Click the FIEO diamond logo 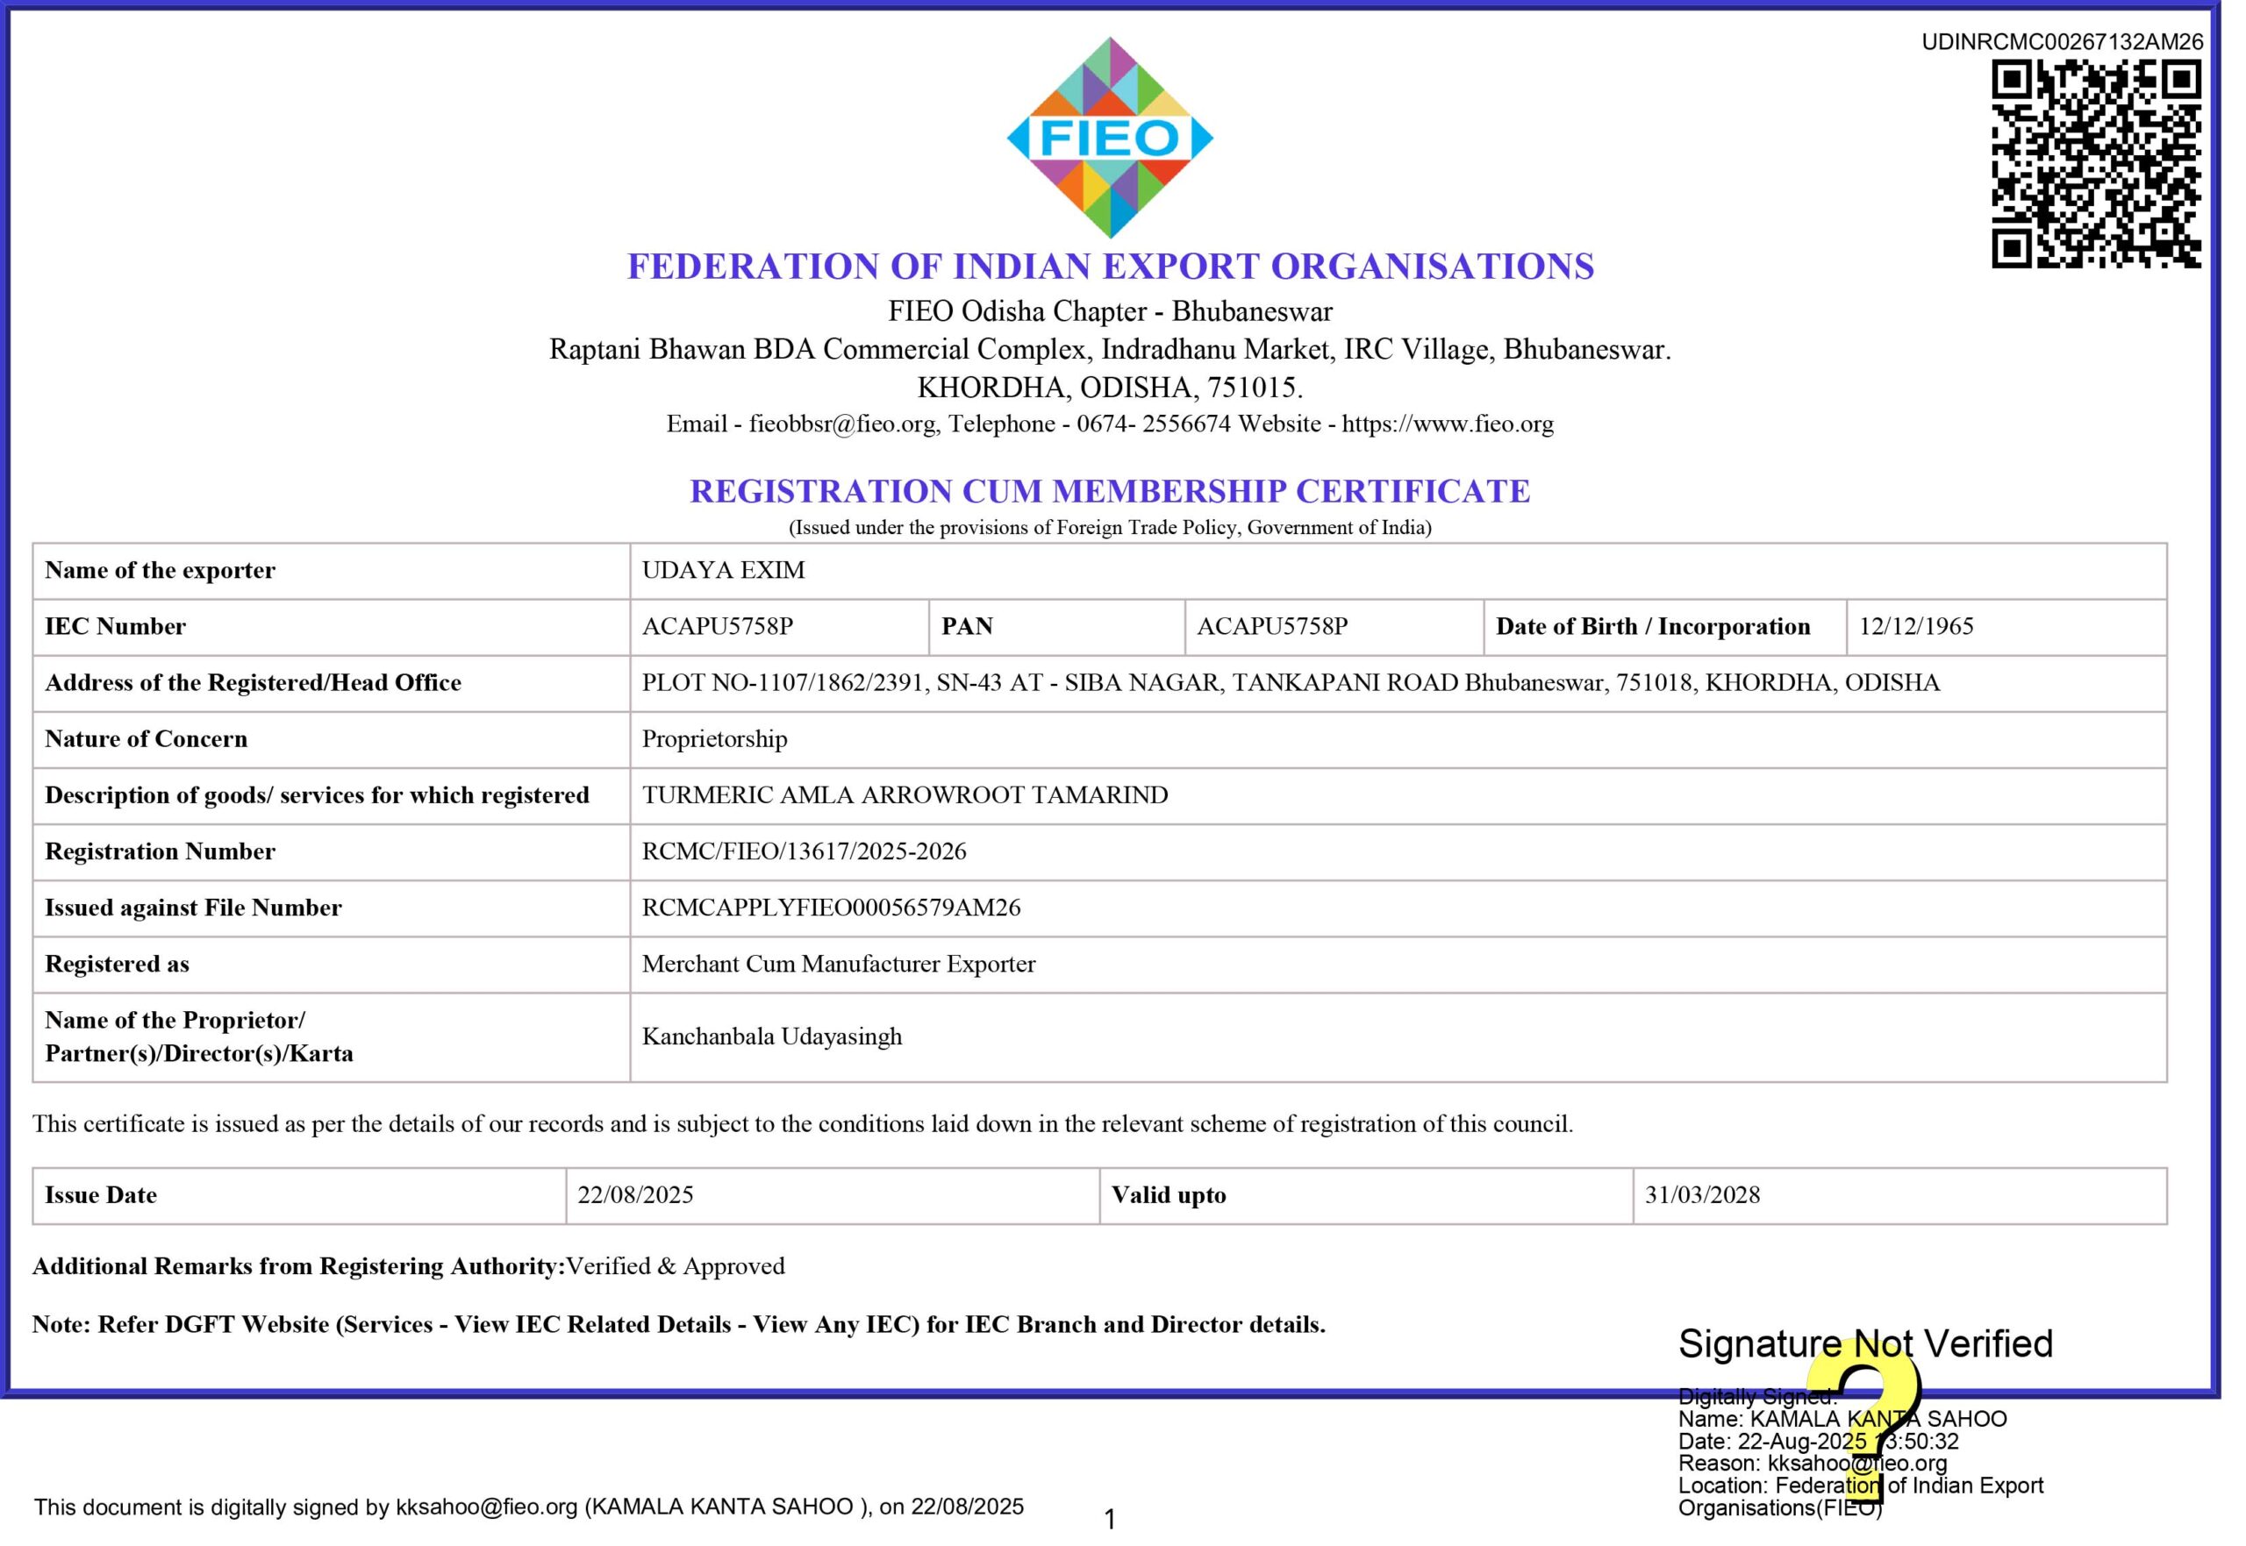pyautogui.click(x=1110, y=138)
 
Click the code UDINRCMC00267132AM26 pyautogui.click(x=2062, y=41)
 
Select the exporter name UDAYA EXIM pyautogui.click(x=723, y=570)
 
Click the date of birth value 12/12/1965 pyautogui.click(x=1915, y=626)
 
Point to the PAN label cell pyautogui.click(x=967, y=626)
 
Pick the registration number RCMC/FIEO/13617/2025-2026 pyautogui.click(x=805, y=851)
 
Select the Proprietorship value pyautogui.click(x=714, y=738)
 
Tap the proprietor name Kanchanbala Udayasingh pyautogui.click(x=771, y=1036)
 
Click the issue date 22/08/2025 pyautogui.click(x=635, y=1194)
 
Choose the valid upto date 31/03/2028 pyautogui.click(x=1702, y=1194)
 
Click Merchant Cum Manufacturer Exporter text pyautogui.click(x=838, y=963)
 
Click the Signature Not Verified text pyautogui.click(x=1865, y=1343)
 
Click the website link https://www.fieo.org pyautogui.click(x=1448, y=424)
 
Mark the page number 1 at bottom pyautogui.click(x=1111, y=1519)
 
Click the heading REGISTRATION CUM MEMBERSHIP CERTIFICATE pyautogui.click(x=1110, y=491)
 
